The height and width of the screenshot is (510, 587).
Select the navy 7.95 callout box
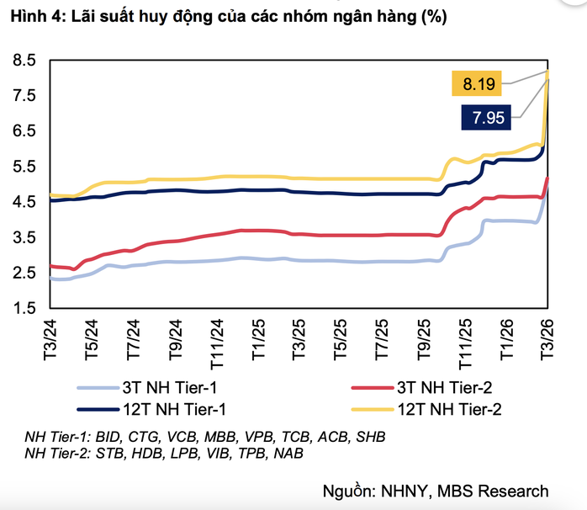488,118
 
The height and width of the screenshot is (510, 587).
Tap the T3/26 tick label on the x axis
547,337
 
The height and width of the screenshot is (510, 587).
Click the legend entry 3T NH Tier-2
437,387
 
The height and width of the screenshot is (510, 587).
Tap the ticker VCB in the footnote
182,438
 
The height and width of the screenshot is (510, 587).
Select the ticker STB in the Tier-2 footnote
107,454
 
